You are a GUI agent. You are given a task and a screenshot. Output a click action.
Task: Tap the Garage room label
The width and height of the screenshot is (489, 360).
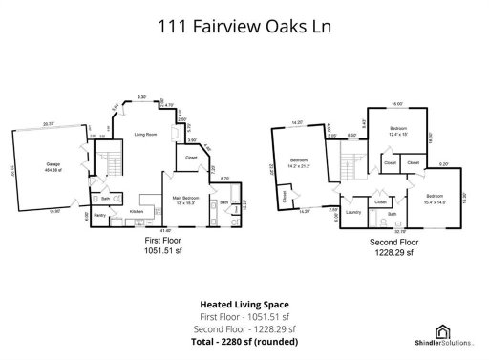tap(53, 165)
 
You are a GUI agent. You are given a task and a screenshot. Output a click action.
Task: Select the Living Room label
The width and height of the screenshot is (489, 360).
tap(145, 134)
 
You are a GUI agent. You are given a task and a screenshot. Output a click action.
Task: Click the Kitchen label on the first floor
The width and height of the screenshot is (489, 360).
tap(137, 210)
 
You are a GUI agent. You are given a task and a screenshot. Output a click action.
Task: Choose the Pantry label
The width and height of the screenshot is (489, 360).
tap(99, 216)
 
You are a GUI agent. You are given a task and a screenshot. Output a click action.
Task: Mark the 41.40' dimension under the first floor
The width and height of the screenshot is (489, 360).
tap(166, 231)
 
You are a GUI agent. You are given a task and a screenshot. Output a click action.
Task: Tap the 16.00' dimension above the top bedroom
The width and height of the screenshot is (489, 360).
tap(397, 103)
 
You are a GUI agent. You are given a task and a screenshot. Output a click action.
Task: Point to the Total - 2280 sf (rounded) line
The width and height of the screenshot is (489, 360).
tap(244, 340)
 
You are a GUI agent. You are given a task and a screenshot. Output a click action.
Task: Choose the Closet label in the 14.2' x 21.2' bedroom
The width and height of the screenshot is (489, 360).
tap(284, 196)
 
